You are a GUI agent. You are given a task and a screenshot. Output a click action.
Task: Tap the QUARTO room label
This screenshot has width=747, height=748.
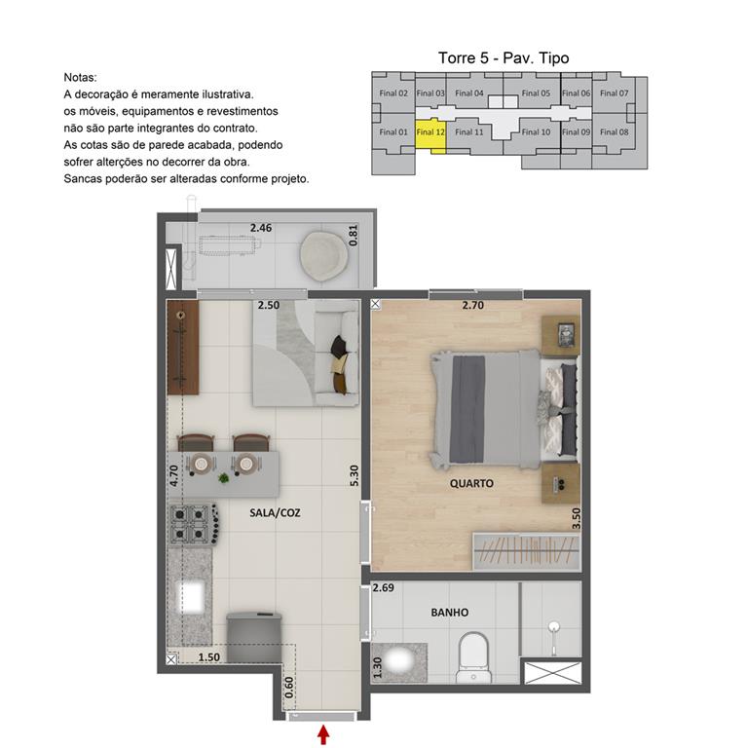471,483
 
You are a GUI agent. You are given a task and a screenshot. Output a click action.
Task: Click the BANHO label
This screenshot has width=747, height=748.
449,613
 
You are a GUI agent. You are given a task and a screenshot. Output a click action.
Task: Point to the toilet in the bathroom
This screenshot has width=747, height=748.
474,655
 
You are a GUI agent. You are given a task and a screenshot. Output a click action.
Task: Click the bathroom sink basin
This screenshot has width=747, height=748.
399,660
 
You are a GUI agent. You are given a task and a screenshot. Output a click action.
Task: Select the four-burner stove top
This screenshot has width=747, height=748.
191,525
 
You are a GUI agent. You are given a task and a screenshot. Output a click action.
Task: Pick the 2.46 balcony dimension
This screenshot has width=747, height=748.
260,228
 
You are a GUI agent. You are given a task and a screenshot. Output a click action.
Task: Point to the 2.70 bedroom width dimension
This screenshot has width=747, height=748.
473,306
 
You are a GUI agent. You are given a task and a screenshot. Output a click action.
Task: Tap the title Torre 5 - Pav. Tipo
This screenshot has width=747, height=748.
503,58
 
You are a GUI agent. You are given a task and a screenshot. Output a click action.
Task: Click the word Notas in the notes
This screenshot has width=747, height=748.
80,77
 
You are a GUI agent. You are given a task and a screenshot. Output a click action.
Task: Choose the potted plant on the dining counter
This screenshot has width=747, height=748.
225,477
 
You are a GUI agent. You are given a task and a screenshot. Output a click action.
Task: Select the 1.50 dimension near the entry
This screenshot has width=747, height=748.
207,658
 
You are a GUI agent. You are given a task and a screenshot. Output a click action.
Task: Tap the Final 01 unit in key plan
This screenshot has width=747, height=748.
392,131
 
